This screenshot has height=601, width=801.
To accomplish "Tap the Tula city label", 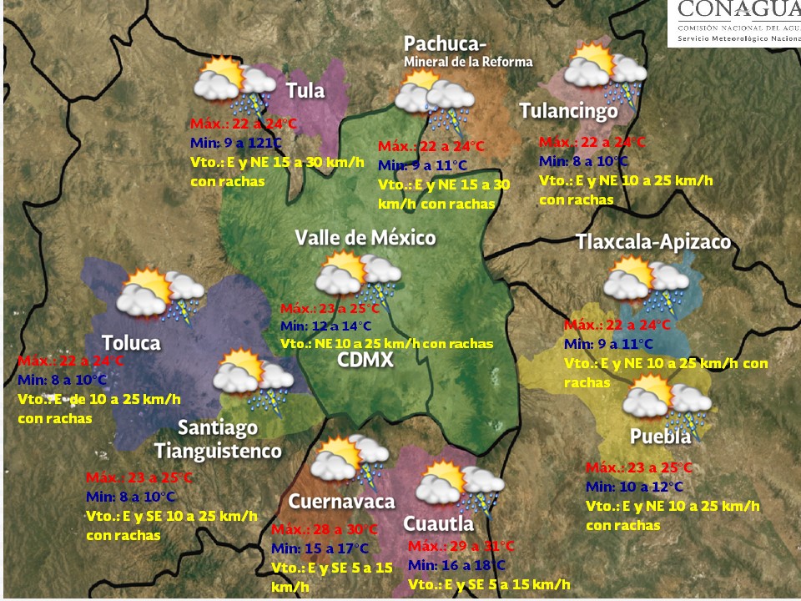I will point(305,91).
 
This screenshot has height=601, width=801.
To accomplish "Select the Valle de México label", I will point(365,238).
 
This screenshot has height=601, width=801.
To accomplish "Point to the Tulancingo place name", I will point(568,111).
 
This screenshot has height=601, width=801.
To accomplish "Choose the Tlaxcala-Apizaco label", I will point(653,242).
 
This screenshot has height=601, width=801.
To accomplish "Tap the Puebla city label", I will point(660,437).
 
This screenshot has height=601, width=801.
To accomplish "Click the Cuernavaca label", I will point(341,502).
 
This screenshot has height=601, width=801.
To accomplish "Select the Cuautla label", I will point(439,523).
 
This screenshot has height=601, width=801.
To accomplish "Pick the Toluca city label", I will point(131,342).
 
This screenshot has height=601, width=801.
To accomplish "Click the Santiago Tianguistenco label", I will point(218,439).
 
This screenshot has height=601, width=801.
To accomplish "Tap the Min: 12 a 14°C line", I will point(325,326).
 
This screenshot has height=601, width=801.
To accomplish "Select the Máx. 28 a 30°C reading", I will point(325,529).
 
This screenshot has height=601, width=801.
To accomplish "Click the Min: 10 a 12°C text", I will point(633,487).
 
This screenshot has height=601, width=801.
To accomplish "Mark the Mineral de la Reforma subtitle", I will point(467,62).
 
